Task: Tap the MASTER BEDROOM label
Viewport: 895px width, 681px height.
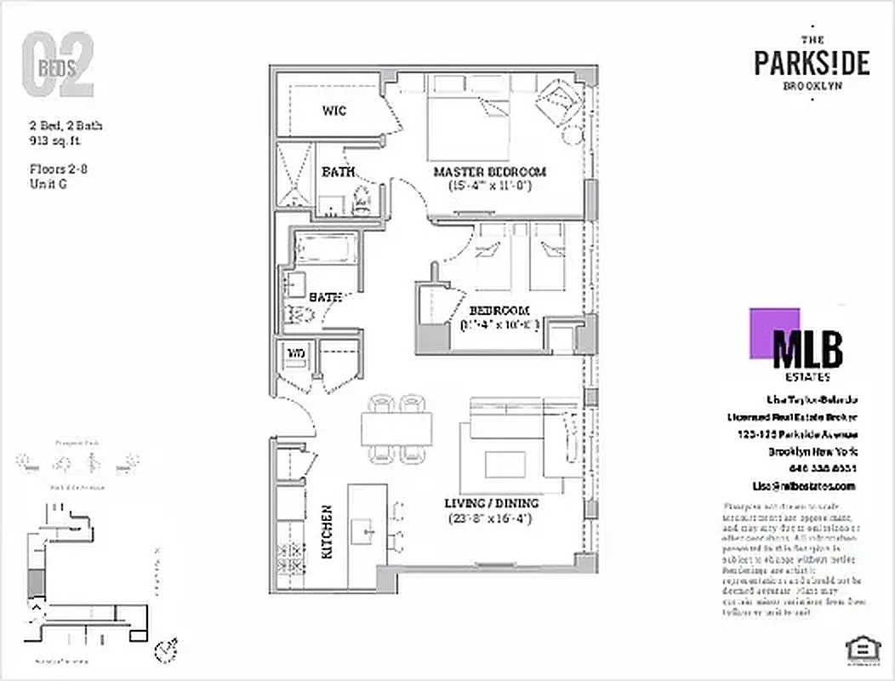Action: (489, 172)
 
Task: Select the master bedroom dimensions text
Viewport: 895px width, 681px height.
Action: (489, 186)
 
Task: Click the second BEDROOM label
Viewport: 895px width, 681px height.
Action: (499, 311)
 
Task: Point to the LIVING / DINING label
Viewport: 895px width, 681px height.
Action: (492, 503)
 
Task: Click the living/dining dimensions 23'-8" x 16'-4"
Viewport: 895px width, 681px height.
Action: (490, 518)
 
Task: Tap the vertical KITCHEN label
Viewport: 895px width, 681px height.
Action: (327, 532)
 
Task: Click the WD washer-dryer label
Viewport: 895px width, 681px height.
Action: (295, 352)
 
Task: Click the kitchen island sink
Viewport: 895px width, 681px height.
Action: (369, 532)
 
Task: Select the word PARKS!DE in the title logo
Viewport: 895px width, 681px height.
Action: (812, 63)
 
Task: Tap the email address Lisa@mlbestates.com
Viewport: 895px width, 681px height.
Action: (803, 485)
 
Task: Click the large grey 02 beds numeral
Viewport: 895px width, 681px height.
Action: (57, 66)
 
